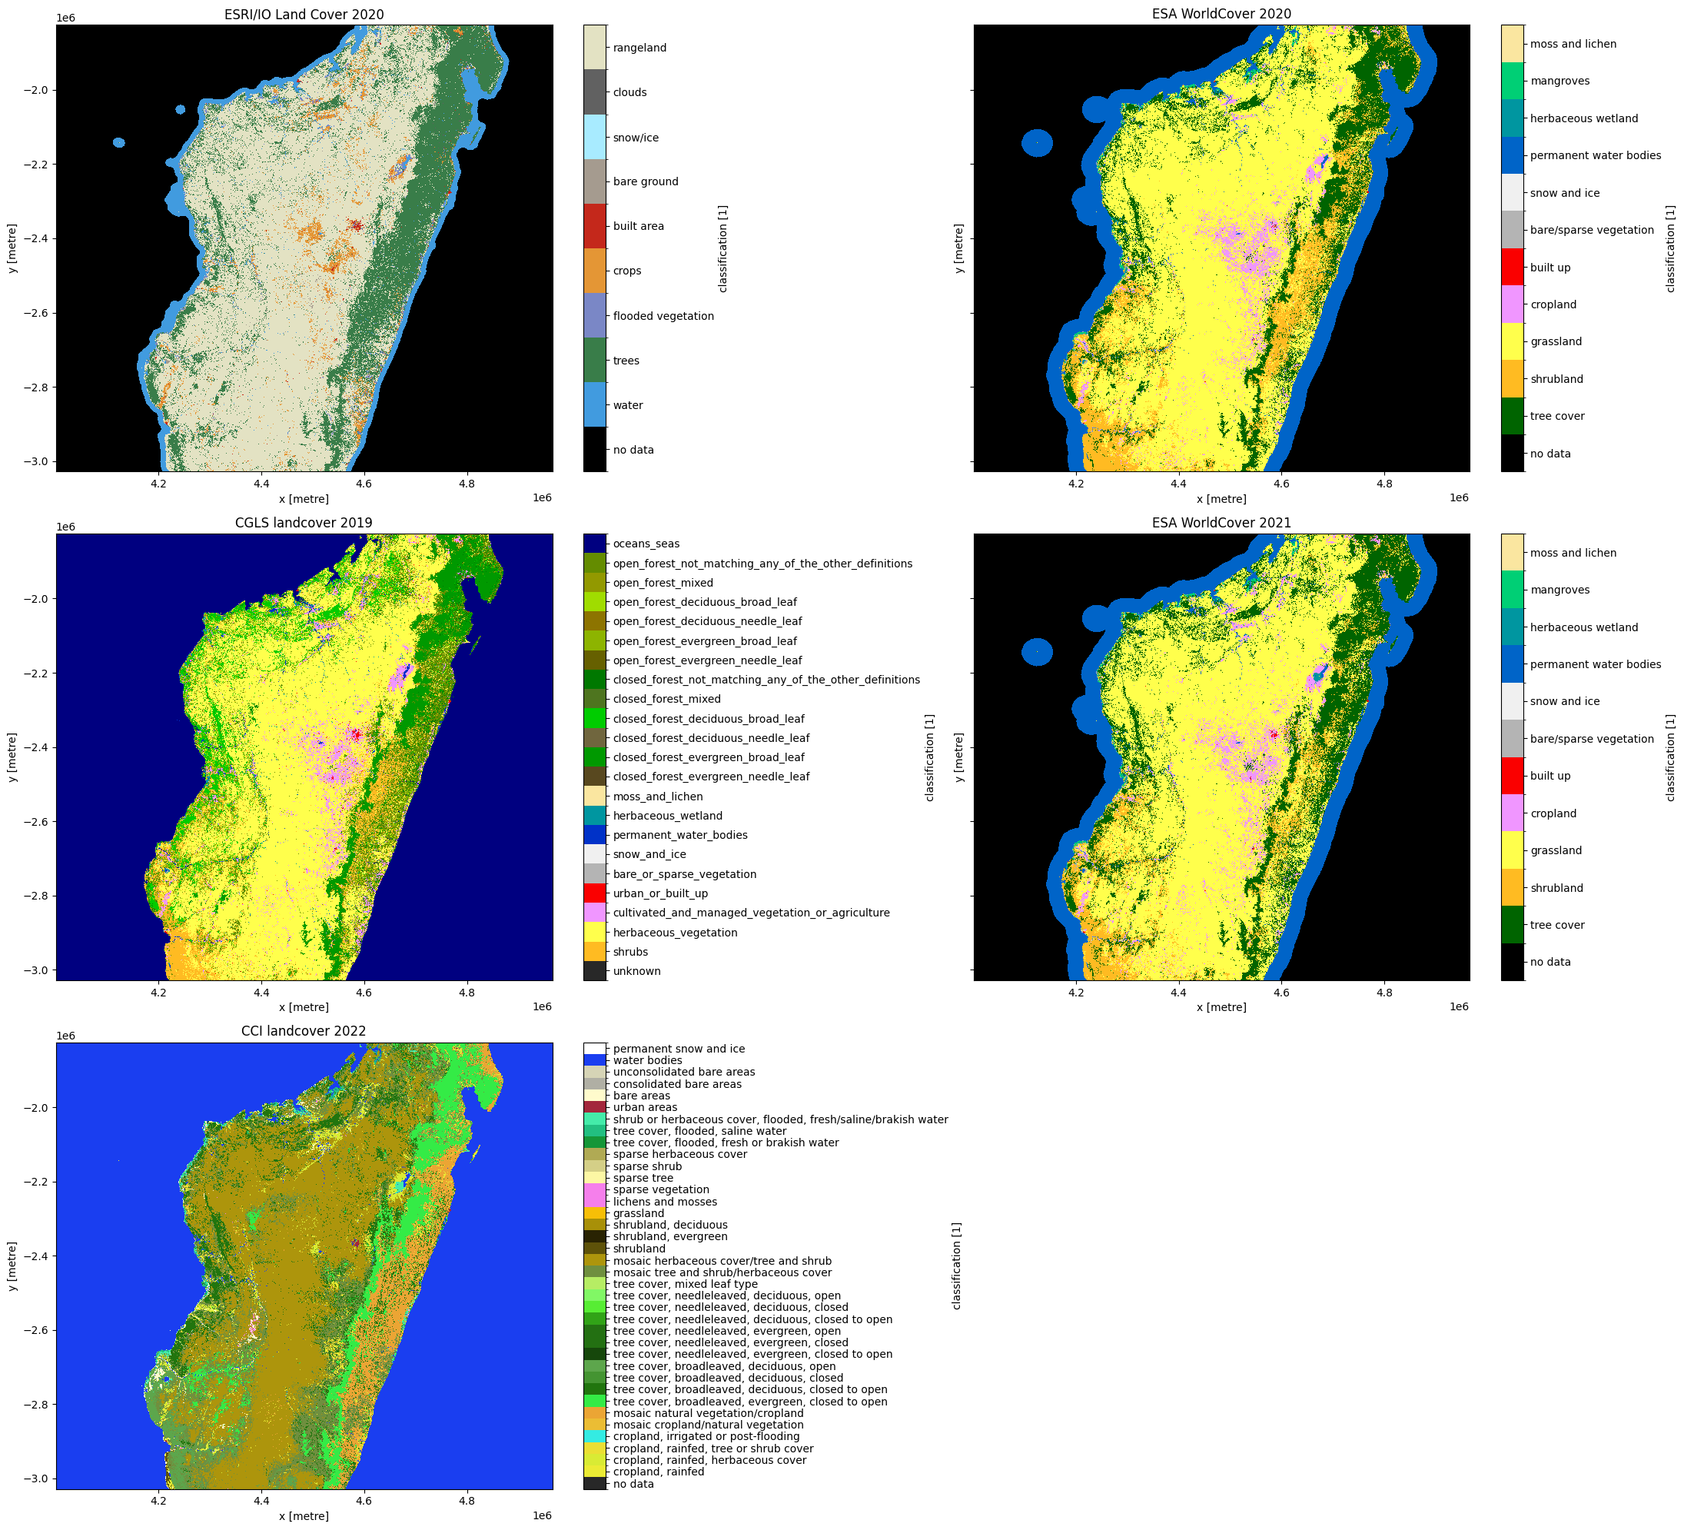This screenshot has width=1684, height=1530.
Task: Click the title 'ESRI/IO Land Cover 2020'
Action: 304,14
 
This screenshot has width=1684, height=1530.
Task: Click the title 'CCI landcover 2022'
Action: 304,1031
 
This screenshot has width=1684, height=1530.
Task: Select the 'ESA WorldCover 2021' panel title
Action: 1221,523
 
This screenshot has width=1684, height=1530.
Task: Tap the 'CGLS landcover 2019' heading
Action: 304,523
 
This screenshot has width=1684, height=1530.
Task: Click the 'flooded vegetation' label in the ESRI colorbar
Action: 663,316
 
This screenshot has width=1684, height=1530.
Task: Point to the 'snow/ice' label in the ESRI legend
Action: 636,138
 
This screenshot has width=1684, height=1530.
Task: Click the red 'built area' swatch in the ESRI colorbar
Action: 595,225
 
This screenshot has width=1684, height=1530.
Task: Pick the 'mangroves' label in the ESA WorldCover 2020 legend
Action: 1559,81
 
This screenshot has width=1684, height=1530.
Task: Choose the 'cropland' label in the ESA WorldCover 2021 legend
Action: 1553,813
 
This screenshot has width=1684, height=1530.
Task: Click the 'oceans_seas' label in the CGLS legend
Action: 646,544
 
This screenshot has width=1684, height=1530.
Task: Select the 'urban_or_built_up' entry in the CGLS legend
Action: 660,893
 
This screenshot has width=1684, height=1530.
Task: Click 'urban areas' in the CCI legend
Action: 645,1107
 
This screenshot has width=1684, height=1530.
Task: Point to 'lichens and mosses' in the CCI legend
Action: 665,1202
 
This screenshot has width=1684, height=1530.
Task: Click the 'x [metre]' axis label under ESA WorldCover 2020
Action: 1221,499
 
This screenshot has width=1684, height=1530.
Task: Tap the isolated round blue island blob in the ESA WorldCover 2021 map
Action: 1037,652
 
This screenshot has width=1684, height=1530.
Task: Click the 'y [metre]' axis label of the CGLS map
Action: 12,757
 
